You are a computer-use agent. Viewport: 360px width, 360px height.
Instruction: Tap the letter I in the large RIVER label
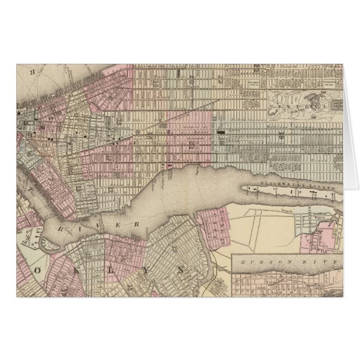(x=85, y=221)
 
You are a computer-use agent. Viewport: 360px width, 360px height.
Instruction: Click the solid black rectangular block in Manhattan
(x=221, y=132)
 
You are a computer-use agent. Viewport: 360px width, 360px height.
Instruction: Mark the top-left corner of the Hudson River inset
(x=233, y=254)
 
